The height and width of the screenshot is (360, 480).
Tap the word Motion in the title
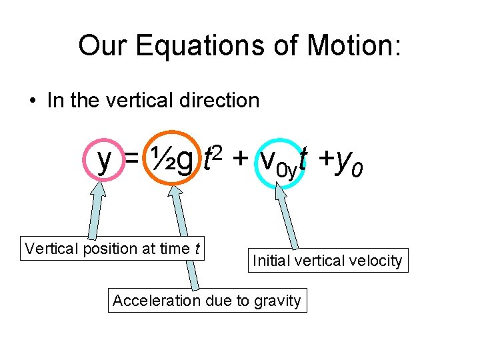tap(354, 46)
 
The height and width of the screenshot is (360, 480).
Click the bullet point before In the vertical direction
tap(33, 101)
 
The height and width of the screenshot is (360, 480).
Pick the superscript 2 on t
tap(219, 153)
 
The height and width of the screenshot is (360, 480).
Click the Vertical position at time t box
tap(112, 249)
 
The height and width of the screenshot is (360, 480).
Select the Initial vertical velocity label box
tap(327, 261)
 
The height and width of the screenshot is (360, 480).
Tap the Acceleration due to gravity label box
tap(207, 301)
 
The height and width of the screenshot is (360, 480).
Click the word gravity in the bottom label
tap(277, 301)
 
